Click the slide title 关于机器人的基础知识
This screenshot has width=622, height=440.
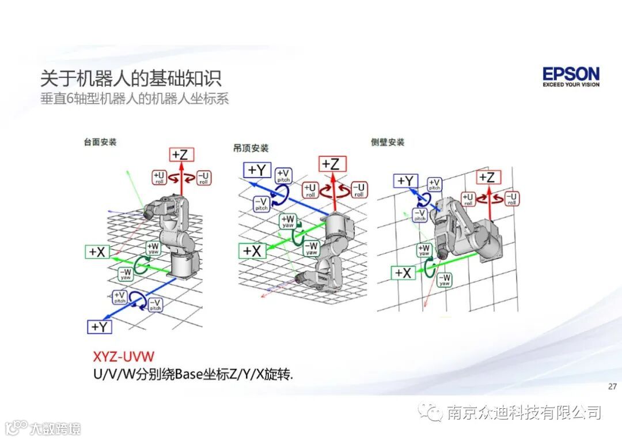pos(131,79)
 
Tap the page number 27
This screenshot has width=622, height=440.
pos(612,386)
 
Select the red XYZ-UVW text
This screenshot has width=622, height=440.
pos(124,356)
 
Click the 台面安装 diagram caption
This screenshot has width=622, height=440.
pos(100,141)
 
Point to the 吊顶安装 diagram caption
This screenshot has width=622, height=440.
pos(247,148)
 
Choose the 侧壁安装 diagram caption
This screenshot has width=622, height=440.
pos(388,142)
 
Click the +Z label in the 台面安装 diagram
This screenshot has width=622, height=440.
pos(182,155)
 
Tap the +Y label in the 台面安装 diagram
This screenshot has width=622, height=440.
pos(100,326)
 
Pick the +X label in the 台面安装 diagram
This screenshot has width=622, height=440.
pos(97,251)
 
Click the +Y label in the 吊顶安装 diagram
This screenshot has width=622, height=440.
pos(257,170)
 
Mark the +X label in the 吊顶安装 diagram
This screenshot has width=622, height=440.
pos(252,251)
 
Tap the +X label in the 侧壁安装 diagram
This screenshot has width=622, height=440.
pos(403,273)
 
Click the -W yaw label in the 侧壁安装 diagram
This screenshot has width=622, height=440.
pos(445,280)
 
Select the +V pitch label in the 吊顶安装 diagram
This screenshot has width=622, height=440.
pos(283,175)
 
